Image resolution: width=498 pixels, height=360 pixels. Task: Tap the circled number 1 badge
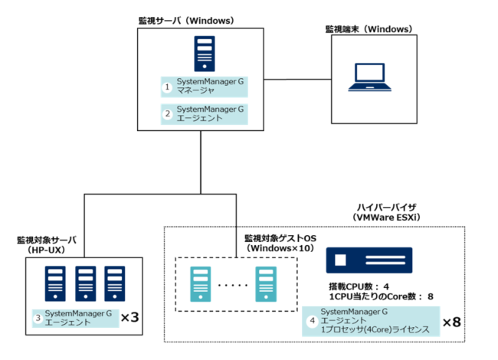coord(167,87)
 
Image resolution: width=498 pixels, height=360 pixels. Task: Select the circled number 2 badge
coord(167,115)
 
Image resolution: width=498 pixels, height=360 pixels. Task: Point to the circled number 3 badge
coord(36,318)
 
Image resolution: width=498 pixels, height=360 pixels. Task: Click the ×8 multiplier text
coord(453,322)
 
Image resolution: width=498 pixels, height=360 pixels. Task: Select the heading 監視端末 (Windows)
coord(369,29)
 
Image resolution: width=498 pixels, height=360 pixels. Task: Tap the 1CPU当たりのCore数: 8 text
coord(377,296)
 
